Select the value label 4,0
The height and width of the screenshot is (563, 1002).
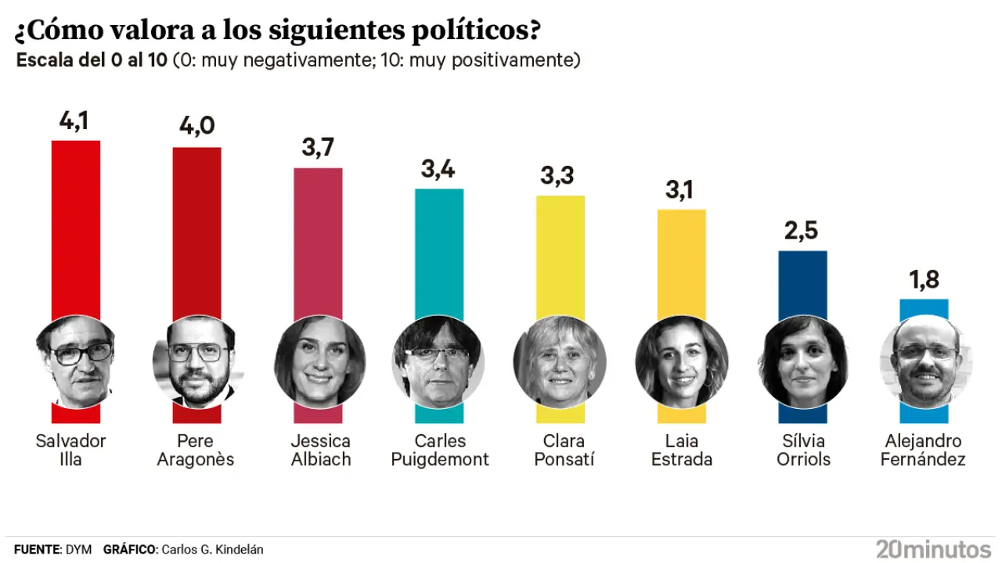pos(196,126)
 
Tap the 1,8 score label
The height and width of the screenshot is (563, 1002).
pos(924,279)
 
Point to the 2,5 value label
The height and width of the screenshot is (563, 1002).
pos(802,231)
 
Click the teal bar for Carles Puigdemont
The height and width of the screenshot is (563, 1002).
pos(439,250)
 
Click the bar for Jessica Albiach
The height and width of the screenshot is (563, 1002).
pos(318,235)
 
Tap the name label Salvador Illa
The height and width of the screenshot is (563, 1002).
pos(70,450)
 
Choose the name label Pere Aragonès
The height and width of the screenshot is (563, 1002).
pos(196,450)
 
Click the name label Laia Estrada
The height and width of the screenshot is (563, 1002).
pos(682,450)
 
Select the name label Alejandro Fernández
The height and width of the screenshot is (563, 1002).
pos(923,450)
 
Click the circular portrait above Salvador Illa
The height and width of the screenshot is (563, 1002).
pos(75,361)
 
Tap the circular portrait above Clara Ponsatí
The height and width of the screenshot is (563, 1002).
pos(560,361)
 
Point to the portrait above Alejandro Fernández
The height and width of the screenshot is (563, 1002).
pos(924,361)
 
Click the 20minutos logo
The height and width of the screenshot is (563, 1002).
pos(933,548)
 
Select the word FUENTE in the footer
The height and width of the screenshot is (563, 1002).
pos(37,550)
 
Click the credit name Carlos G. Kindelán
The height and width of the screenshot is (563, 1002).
pos(212,550)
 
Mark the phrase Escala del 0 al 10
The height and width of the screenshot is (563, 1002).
pos(92,60)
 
